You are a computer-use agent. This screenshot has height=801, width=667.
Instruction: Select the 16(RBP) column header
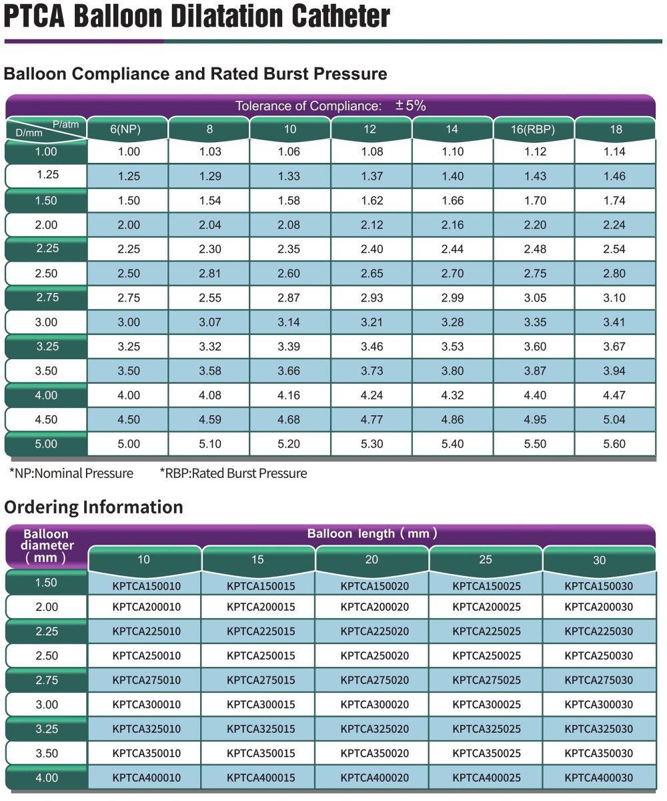(x=534, y=129)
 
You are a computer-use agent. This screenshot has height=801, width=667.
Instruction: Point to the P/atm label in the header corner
(x=67, y=123)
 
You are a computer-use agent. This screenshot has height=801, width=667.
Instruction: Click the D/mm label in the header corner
(x=28, y=133)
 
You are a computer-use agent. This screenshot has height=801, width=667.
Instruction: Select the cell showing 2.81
(x=209, y=273)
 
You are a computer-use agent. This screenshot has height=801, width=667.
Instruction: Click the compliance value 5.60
(x=615, y=444)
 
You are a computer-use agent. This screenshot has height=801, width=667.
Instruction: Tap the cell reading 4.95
(x=534, y=419)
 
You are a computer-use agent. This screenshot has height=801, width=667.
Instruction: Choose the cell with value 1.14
(x=615, y=152)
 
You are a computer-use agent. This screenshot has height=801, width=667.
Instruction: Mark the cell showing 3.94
(x=615, y=370)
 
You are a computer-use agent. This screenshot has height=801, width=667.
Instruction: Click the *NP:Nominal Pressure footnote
(x=71, y=473)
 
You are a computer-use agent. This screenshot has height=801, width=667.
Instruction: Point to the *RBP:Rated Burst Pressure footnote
(x=233, y=473)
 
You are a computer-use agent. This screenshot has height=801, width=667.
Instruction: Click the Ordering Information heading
(x=93, y=507)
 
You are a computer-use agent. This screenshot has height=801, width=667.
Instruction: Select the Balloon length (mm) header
(x=372, y=533)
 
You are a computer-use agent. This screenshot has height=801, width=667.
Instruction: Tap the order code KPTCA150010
(x=147, y=587)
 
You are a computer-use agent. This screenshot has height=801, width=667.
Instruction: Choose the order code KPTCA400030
(x=598, y=778)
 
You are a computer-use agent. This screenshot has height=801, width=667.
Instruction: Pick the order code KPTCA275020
(x=374, y=680)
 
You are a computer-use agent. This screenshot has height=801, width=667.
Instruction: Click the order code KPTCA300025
(x=487, y=704)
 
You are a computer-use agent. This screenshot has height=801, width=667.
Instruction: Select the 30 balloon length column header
(x=599, y=560)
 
